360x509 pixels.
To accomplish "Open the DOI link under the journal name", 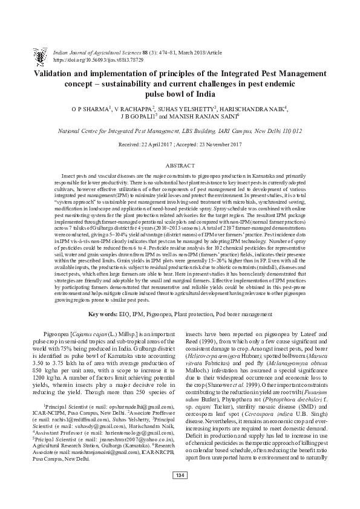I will coord(99,44).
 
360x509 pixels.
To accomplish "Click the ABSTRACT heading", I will coord(180,165).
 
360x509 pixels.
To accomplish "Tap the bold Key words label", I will coord(108,315).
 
